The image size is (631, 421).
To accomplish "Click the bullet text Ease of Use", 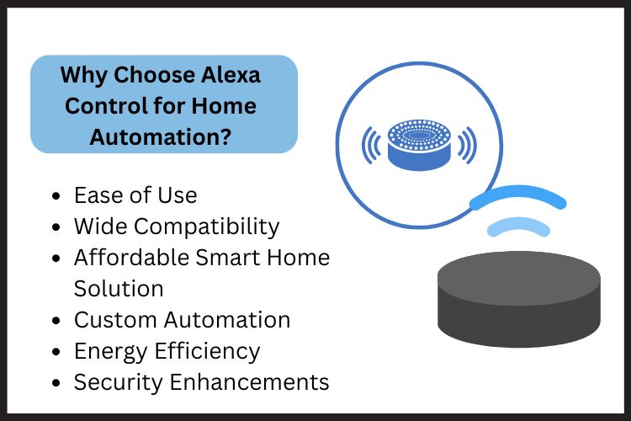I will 135,195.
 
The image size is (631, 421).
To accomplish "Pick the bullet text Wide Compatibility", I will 177,226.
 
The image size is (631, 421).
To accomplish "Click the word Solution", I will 119,288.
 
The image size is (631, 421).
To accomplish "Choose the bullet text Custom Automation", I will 182,320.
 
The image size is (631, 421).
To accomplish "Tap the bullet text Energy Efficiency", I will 167,350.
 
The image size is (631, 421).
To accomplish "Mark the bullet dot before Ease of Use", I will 56,196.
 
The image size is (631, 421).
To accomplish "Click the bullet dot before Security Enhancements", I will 56,382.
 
